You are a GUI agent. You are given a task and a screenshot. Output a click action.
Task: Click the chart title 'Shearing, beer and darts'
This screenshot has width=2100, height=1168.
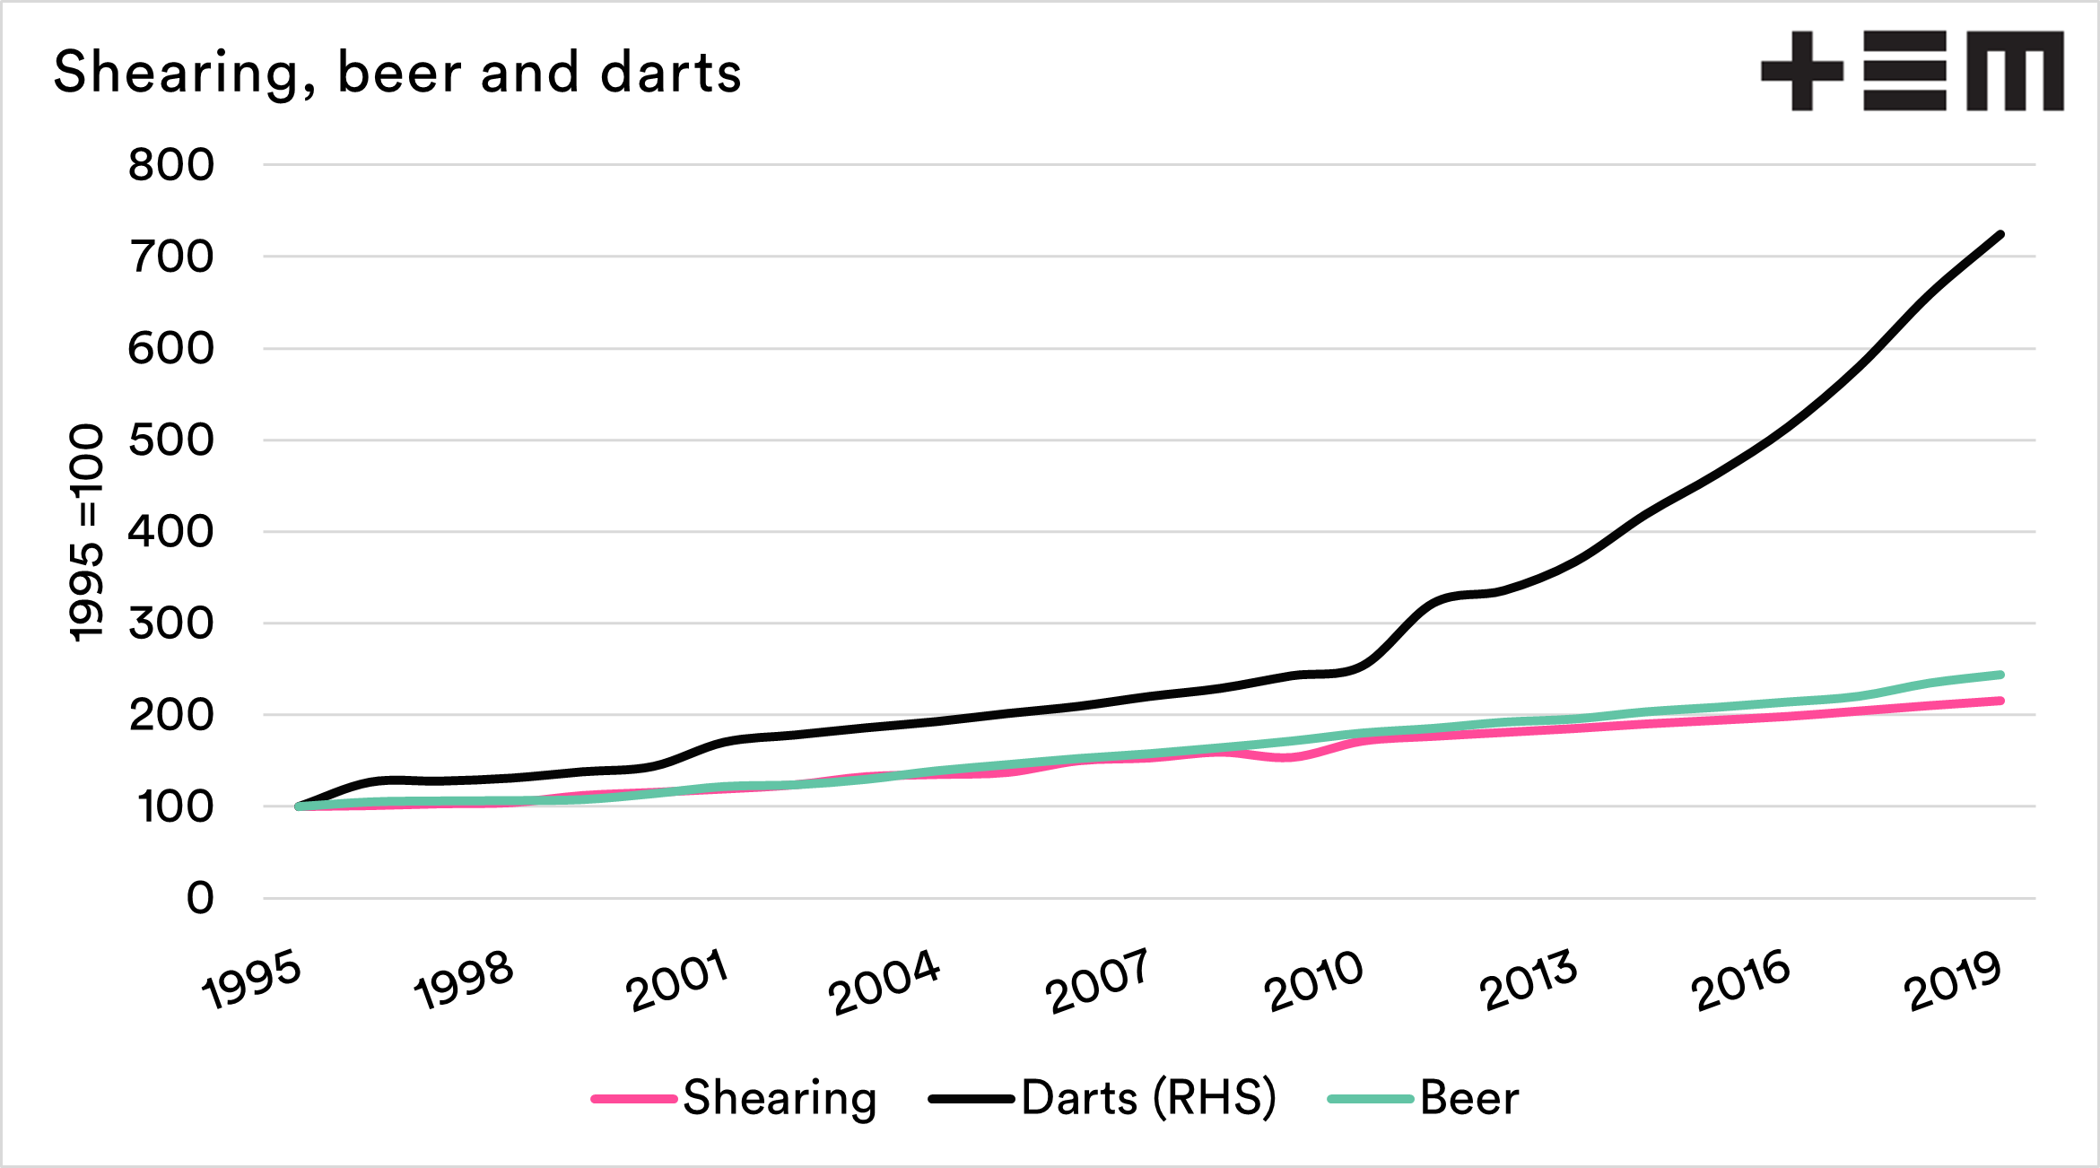coord(397,73)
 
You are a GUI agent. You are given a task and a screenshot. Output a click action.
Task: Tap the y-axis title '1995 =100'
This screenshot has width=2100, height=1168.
coord(87,533)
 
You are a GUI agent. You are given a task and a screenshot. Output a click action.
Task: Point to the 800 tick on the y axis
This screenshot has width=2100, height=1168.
coord(171,165)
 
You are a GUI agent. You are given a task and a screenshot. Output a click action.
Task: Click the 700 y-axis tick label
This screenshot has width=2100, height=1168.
coord(171,257)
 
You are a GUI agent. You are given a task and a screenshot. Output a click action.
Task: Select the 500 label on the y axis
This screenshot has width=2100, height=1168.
coord(171,440)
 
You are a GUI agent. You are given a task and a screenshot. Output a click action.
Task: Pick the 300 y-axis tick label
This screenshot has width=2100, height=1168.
coord(171,623)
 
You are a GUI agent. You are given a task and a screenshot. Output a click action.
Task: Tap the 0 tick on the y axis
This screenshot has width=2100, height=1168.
coord(200,898)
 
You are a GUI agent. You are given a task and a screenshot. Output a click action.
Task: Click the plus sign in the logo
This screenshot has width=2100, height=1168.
coord(1802,71)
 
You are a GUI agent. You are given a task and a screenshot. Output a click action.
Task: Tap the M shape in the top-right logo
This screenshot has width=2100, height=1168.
coord(2015,71)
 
